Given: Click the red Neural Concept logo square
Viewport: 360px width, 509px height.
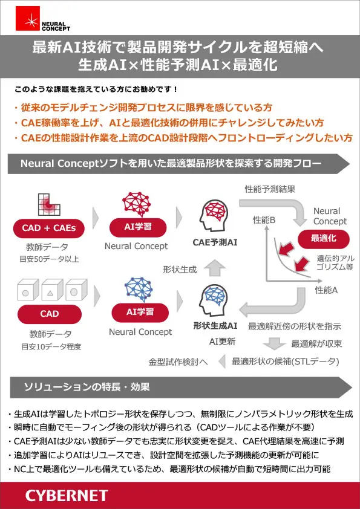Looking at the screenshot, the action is (x=28, y=19).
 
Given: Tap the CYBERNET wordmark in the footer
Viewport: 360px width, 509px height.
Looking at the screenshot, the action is (x=67, y=496).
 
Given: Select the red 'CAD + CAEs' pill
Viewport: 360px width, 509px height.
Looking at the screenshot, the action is (x=49, y=229).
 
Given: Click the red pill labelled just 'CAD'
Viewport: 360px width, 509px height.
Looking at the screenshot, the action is (x=50, y=314).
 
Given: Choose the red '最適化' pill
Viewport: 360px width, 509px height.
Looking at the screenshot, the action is (x=324, y=239).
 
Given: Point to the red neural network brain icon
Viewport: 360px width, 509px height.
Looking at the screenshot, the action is (x=137, y=204).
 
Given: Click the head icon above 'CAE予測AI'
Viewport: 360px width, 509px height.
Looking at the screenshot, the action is (x=214, y=215).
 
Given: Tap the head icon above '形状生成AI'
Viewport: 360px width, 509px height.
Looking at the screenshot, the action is (x=214, y=300).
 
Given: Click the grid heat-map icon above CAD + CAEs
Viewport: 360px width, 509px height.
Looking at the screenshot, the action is (x=49, y=204).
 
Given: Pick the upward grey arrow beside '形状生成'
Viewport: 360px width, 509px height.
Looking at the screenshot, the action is (x=215, y=268).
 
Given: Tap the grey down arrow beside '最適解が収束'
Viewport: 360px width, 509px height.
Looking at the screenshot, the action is (x=274, y=343).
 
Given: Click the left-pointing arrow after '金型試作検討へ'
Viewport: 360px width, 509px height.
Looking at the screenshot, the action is (x=222, y=361).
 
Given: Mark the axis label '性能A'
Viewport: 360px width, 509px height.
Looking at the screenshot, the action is (x=326, y=290).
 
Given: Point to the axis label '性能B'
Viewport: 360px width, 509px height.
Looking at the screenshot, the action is (x=264, y=220).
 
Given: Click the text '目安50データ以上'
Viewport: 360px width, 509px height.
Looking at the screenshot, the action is (x=49, y=259).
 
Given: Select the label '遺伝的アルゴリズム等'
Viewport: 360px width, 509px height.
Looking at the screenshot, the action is (x=335, y=262).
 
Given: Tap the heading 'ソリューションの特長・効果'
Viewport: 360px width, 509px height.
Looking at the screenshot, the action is (x=87, y=387).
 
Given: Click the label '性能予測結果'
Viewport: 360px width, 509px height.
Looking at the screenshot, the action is (x=270, y=189).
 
